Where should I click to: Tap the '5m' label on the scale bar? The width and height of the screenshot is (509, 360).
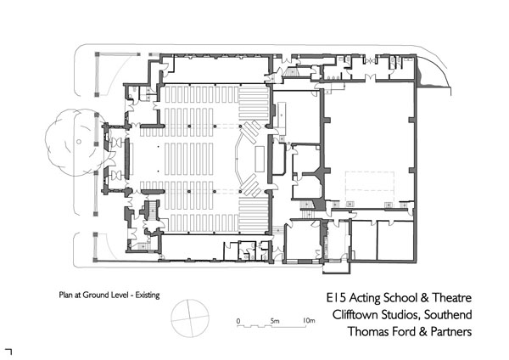pyautogui.click(x=275, y=321)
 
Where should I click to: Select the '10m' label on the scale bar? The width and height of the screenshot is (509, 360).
pyautogui.click(x=309, y=321)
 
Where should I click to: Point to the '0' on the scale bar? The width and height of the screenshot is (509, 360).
pyautogui.click(x=239, y=321)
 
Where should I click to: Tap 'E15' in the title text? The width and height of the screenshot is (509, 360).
pyautogui.click(x=338, y=300)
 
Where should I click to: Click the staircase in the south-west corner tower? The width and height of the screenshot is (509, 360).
pyautogui.click(x=153, y=211)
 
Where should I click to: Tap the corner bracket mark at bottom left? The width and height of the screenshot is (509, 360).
pyautogui.click(x=8, y=349)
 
